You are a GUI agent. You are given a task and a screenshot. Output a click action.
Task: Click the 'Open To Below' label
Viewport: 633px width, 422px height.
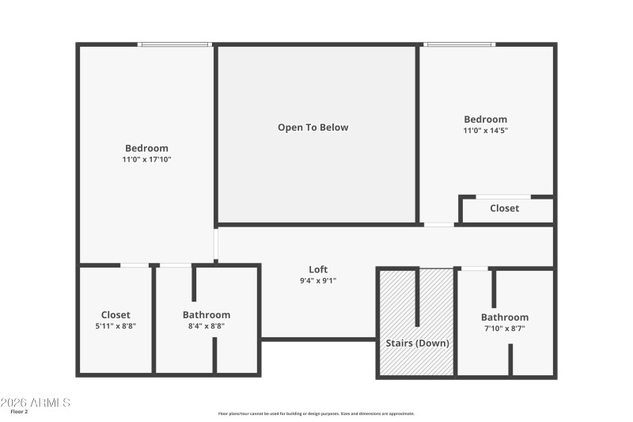[313, 127]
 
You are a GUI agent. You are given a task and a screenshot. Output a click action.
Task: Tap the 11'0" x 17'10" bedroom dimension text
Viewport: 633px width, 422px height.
[146, 160]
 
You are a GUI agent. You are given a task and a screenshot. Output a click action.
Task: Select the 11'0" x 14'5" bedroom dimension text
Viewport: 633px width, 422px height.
[486, 131]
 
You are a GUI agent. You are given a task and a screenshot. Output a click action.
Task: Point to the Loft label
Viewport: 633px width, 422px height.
[318, 269]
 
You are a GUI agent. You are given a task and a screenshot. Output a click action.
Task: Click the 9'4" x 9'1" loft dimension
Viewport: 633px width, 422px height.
[318, 280]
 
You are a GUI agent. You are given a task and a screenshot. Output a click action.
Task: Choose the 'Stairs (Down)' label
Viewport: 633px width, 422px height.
[417, 344]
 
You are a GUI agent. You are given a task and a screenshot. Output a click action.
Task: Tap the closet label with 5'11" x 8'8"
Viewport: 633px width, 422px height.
[116, 315]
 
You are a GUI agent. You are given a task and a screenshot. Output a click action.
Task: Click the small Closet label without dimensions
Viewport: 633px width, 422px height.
[504, 208]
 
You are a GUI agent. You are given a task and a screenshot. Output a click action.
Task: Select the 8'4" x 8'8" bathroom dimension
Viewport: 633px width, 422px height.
[207, 325]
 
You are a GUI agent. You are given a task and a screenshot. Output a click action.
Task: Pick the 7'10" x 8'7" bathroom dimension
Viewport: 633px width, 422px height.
[505, 328]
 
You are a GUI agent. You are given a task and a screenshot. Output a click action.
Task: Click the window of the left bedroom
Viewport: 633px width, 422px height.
[175, 44]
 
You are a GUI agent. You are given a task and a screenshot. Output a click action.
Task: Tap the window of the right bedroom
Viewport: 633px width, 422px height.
[459, 44]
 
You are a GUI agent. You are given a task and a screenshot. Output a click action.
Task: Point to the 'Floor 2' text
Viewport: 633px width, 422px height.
[19, 412]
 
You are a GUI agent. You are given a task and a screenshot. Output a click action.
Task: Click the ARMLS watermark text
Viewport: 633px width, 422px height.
[36, 402]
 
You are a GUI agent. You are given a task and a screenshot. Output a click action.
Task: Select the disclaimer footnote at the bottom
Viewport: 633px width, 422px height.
[316, 413]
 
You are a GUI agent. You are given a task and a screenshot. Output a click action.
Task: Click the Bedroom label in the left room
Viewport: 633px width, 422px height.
[146, 148]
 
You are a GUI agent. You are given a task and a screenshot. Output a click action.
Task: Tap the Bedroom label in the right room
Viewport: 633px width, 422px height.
[486, 120]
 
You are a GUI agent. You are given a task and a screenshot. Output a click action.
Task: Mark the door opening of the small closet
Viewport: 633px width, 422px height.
[502, 196]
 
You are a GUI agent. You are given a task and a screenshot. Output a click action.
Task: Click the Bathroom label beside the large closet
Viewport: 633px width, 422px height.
[207, 314]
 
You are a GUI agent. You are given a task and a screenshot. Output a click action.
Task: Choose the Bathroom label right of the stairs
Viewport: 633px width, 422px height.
[505, 317]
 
